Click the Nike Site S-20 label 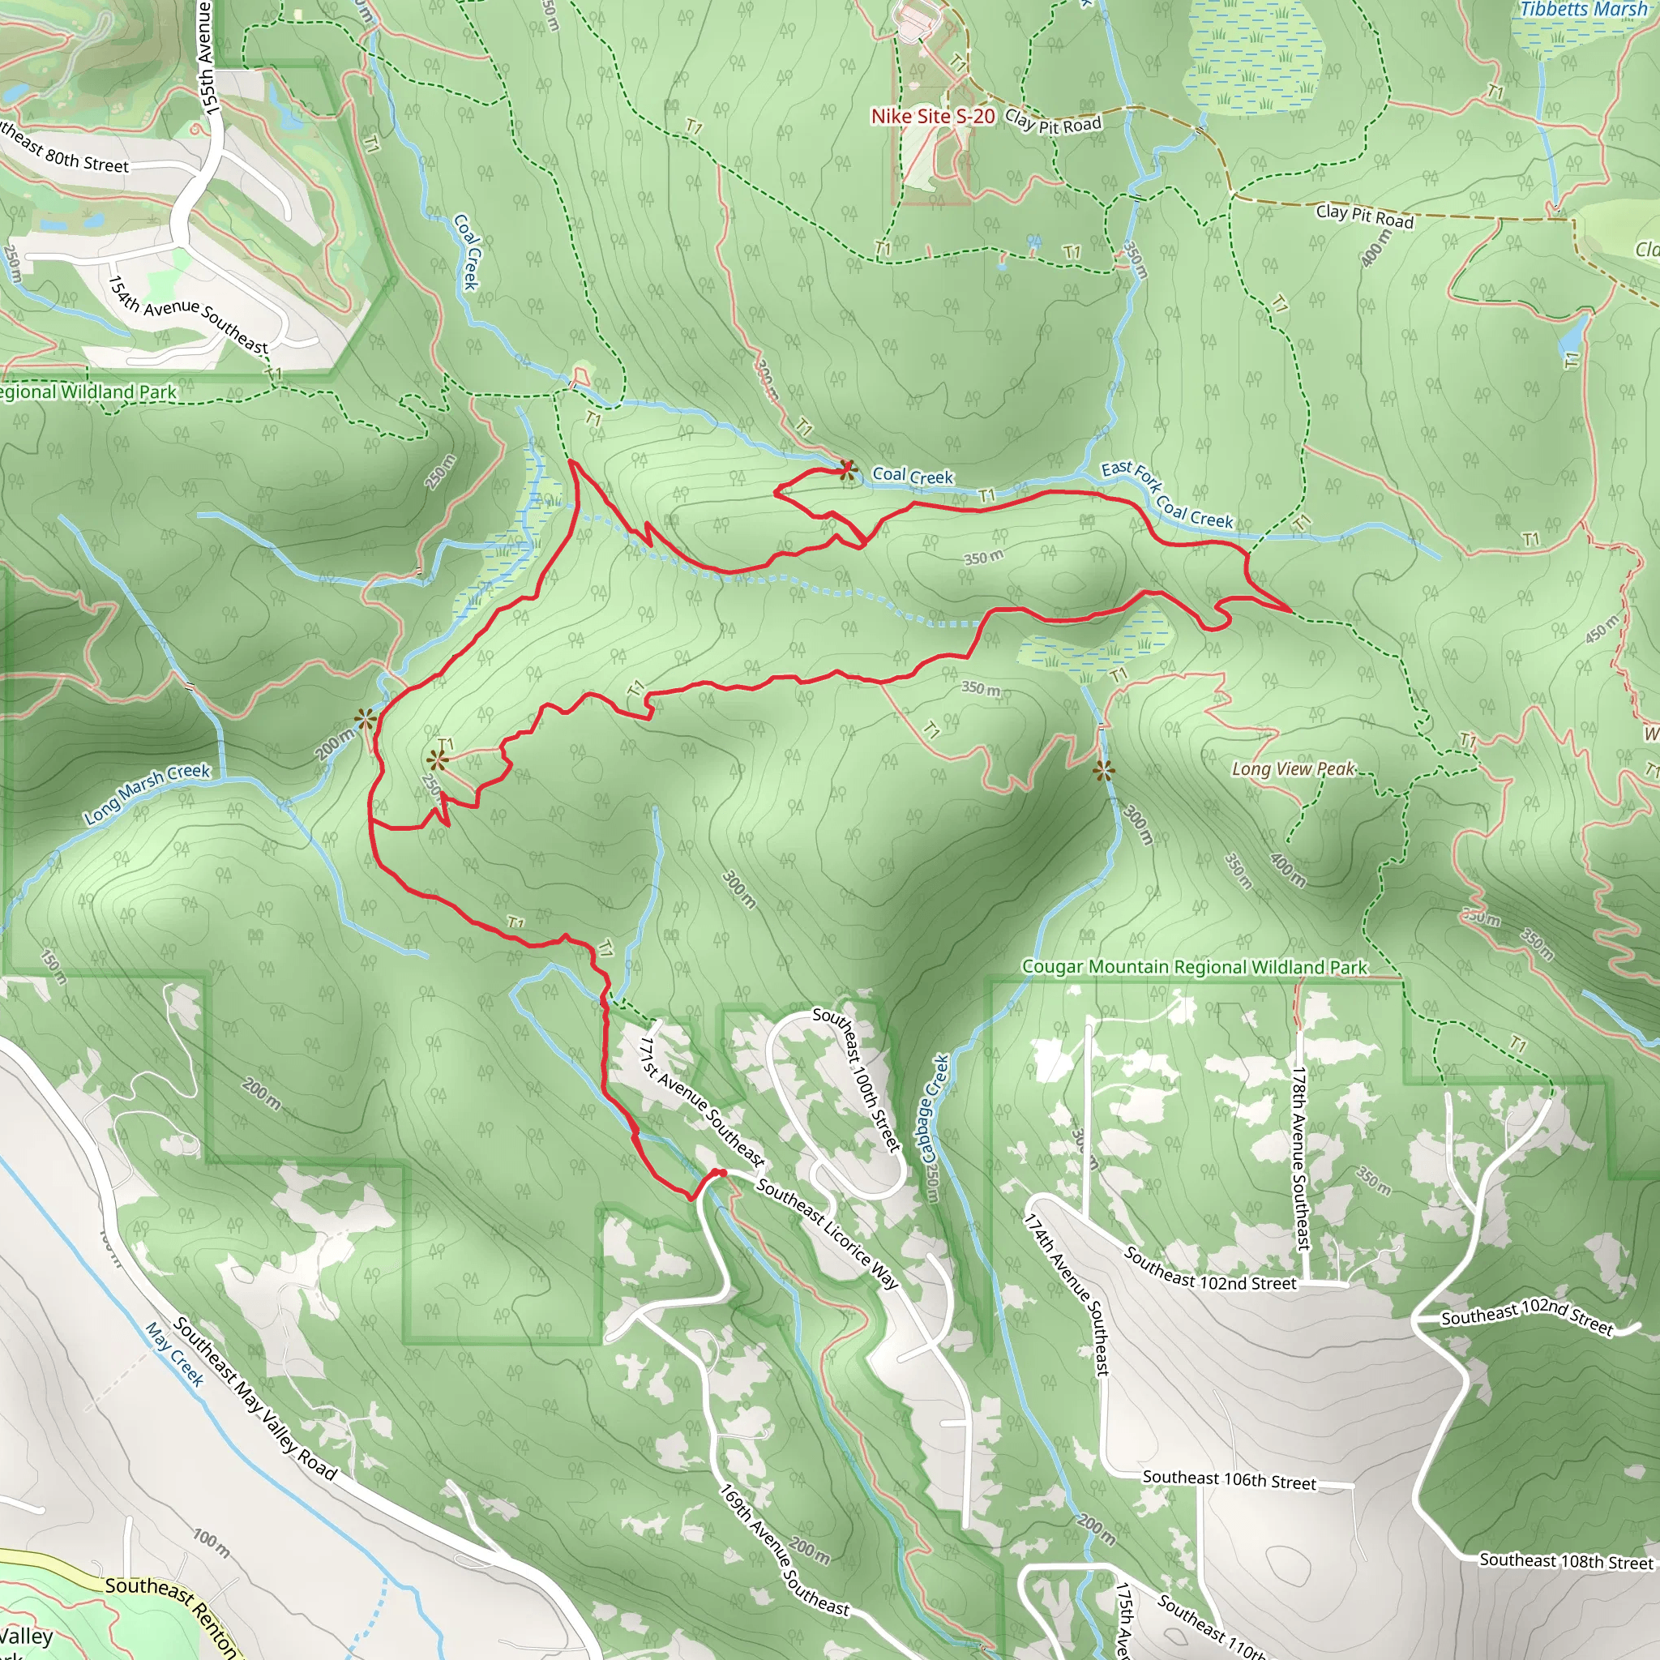pos(932,116)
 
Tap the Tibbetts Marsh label pos(1583,10)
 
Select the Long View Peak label pos(1293,769)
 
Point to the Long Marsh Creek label pos(147,793)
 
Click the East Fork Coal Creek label pos(1167,494)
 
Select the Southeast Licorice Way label pos(828,1234)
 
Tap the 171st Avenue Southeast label pos(702,1101)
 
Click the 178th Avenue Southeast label pos(1301,1158)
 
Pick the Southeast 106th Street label pos(1229,1479)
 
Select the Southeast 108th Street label pos(1565,1560)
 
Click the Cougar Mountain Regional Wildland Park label pos(1194,967)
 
